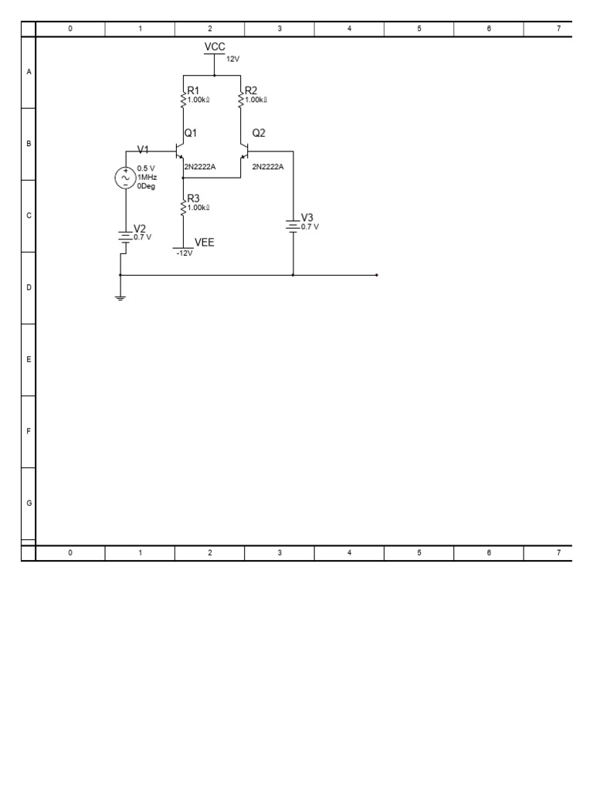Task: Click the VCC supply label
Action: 215,47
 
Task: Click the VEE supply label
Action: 205,242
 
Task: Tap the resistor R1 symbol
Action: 183,99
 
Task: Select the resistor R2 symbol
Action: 241,99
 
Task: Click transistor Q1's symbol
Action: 180,150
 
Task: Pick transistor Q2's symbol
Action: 244,150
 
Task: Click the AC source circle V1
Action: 125,178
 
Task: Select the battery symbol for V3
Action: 293,225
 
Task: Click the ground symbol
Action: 120,296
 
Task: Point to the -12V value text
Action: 184,253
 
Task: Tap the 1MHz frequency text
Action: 147,177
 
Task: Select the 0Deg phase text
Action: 147,185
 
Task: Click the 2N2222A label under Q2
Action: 268,166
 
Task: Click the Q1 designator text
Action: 191,133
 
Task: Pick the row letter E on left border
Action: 29,359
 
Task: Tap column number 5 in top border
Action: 419,29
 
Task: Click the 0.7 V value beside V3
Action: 310,226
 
